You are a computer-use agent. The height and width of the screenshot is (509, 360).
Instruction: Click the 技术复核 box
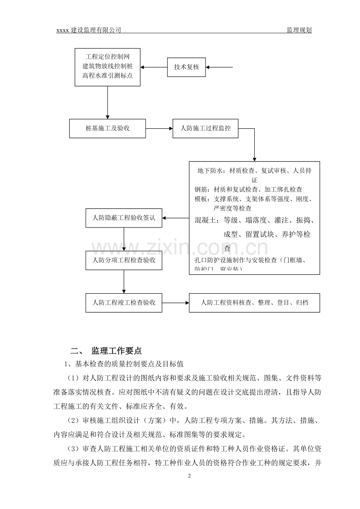(186, 67)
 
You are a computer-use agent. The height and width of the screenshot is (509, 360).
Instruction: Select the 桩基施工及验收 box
(108, 128)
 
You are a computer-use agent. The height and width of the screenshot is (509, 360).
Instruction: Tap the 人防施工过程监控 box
(205, 128)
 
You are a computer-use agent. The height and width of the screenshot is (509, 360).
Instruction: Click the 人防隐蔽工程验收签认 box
(124, 218)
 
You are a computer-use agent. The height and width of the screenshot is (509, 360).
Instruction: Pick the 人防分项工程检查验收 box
(124, 260)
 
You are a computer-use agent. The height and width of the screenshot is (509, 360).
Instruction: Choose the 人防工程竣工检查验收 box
(124, 303)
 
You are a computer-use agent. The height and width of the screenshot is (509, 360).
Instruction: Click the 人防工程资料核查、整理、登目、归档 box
(254, 303)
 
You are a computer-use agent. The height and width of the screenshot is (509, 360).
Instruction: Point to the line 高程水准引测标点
(108, 76)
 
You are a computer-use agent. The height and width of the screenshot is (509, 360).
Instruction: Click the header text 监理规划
(299, 30)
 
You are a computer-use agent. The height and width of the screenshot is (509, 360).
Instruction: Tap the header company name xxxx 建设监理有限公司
(89, 30)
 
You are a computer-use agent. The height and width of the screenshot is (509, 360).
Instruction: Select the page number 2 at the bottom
(189, 476)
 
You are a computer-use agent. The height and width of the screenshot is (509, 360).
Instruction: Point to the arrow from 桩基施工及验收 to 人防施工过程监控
(159, 128)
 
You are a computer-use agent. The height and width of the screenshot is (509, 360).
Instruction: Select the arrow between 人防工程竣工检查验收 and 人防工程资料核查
(175, 303)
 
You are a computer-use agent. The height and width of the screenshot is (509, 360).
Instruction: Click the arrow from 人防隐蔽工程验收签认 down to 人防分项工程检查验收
(124, 239)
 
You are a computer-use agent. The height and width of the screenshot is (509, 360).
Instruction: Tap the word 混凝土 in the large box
(206, 220)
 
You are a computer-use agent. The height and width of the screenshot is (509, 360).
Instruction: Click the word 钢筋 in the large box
(202, 190)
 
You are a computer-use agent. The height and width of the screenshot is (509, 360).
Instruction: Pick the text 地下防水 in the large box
(209, 171)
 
